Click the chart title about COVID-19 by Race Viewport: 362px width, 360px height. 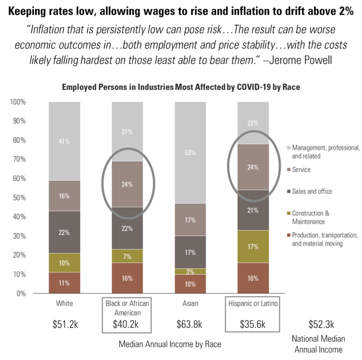tap(181, 88)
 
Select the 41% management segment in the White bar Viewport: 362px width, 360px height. tap(64, 141)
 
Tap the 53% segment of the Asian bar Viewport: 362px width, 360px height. tap(190, 152)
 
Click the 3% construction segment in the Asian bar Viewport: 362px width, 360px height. tap(190, 271)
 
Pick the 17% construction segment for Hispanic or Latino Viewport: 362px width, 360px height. tap(253, 246)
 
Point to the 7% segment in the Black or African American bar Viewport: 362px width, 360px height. tap(127, 256)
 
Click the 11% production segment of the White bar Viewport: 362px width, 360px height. tap(64, 283)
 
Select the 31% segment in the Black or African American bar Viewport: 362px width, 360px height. tap(127, 132)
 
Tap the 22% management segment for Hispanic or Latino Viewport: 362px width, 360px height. tap(253, 123)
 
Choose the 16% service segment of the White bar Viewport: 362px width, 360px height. tap(64, 196)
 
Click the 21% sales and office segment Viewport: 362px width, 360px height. tap(253, 210)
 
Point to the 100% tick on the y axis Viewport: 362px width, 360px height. tap(18, 102)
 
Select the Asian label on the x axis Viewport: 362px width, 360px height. tap(190, 303)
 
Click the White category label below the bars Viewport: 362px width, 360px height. tap(64, 303)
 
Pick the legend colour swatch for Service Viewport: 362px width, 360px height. tap(288, 170)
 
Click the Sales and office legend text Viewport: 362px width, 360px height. tap(312, 192)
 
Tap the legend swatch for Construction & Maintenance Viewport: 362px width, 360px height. tap(288, 213)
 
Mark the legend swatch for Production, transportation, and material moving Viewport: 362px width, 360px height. tap(288, 235)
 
